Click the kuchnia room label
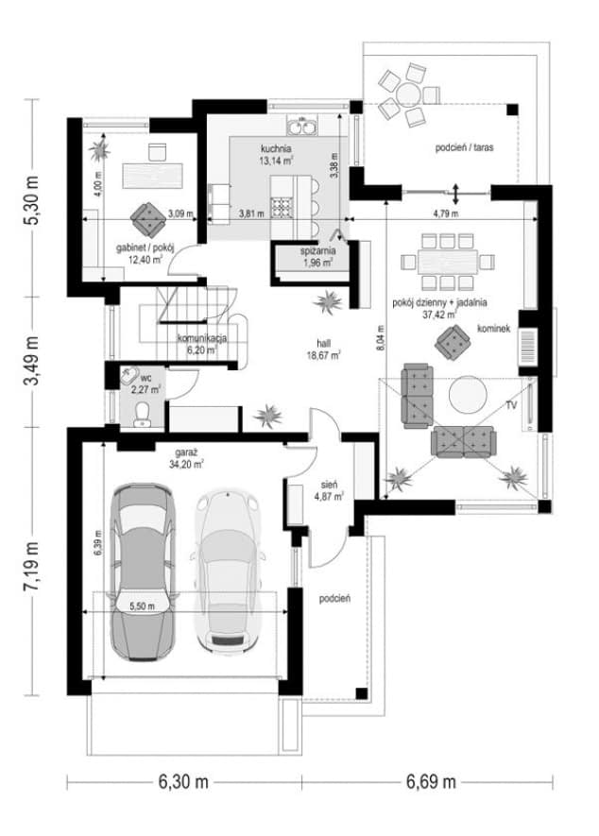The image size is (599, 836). pos(276,148)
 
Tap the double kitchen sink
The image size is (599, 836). pos(302,127)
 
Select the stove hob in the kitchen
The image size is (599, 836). pos(282,208)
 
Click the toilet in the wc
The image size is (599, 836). pos(142,415)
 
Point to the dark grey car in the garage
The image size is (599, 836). pos(143,572)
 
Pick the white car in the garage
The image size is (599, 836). pos(228,570)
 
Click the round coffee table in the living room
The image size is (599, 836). pos(468,395)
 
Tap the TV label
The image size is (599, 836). pos(511,406)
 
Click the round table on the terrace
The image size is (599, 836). pos(409,94)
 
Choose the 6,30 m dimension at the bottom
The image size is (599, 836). pos(183,782)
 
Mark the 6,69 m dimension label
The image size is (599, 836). pos(431,782)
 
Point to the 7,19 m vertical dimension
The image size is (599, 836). pos(32,565)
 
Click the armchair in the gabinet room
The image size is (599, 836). pos(148,219)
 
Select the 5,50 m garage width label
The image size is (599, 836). pos(142,606)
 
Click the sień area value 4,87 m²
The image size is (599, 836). pos(329,496)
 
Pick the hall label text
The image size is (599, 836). pos(323,344)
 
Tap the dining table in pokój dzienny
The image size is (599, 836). pos(448,262)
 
